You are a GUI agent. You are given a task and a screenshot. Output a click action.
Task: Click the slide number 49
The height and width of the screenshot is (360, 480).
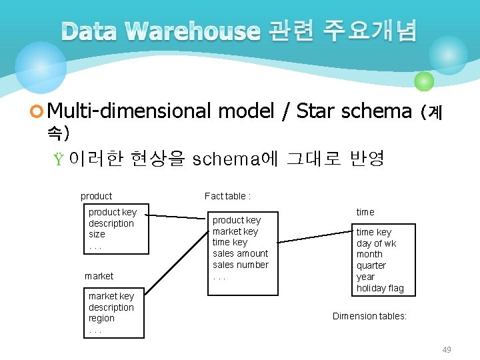447,350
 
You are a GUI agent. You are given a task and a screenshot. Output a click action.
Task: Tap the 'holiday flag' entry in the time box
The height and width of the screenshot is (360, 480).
380,288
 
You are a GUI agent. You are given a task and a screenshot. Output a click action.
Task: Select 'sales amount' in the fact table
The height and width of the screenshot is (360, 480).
240,253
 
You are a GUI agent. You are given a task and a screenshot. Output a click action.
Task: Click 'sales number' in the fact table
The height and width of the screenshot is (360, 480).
241,265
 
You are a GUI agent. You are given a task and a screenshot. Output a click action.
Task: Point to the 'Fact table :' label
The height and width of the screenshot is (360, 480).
227,196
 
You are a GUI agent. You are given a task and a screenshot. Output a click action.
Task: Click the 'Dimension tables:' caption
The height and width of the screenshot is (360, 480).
369,316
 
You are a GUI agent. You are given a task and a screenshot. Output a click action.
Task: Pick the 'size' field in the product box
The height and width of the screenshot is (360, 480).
97,234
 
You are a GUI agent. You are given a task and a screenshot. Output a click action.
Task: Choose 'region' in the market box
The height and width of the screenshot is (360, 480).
101,318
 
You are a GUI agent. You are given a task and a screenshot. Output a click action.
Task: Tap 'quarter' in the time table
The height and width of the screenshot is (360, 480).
371,265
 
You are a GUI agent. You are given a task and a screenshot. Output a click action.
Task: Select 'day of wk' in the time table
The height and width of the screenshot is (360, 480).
376,243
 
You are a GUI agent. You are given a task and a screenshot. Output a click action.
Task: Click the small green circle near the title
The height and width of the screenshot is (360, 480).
424,81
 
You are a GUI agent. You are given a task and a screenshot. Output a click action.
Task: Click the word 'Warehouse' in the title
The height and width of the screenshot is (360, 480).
192,31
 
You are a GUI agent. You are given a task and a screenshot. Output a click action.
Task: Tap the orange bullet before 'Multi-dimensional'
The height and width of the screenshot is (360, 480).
38,111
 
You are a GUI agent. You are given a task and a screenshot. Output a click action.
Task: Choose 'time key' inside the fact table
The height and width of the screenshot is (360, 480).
230,242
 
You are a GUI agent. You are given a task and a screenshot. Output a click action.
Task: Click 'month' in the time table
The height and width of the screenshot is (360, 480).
369,254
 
